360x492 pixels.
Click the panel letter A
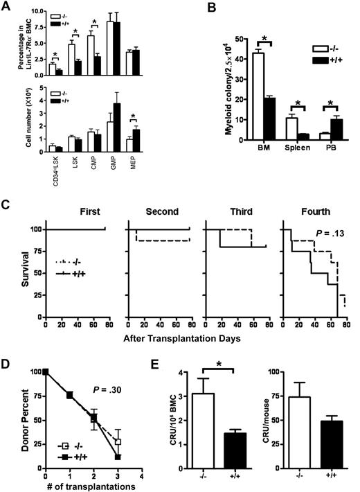click(x=8, y=7)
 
